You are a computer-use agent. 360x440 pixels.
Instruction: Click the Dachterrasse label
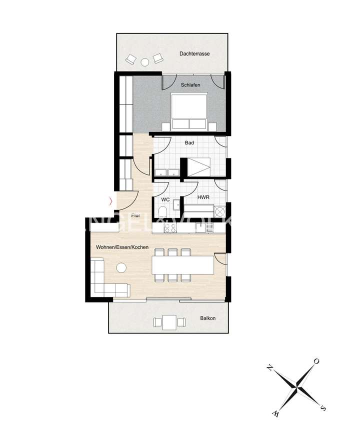[195, 53]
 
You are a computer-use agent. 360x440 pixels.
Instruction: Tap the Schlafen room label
[190, 85]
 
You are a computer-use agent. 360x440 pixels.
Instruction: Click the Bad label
[189, 142]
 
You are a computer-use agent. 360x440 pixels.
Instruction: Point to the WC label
[164, 199]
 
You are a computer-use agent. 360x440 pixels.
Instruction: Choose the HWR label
[202, 198]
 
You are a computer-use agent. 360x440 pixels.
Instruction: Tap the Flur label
[135, 215]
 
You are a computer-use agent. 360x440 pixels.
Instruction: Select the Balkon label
[207, 317]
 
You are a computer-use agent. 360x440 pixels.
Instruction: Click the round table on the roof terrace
[144, 61]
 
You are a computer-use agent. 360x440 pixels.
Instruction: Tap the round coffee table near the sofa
[121, 268]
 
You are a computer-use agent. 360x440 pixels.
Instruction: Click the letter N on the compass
[270, 368]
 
